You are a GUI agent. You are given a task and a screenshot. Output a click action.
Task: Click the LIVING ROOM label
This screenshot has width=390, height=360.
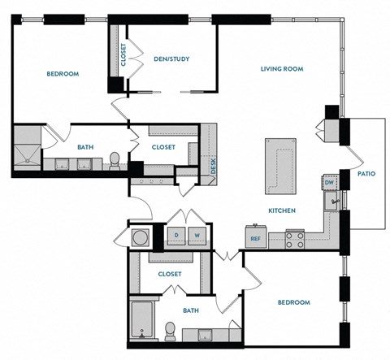tap(281, 69)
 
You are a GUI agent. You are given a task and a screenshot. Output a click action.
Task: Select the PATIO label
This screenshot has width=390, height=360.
tap(366, 173)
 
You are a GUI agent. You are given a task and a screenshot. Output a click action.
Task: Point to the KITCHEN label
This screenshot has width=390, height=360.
tap(281, 210)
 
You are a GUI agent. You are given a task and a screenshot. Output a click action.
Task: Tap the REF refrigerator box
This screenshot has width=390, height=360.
tap(255, 238)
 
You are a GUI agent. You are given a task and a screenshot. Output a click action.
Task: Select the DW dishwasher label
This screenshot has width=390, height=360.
tap(329, 183)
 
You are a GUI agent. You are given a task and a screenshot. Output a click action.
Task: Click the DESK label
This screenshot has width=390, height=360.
tap(213, 165)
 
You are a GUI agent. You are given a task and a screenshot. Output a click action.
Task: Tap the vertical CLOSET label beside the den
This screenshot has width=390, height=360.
tap(123, 55)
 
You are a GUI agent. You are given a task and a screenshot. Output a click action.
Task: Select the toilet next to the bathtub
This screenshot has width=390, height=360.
tap(171, 330)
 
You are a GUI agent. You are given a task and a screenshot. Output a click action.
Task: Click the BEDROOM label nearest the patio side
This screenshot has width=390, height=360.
tap(293, 302)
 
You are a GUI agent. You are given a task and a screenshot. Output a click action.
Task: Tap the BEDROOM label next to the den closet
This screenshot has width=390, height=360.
tap(62, 74)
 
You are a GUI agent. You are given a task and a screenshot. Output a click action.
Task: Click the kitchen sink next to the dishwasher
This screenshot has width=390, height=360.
tap(332, 199)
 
